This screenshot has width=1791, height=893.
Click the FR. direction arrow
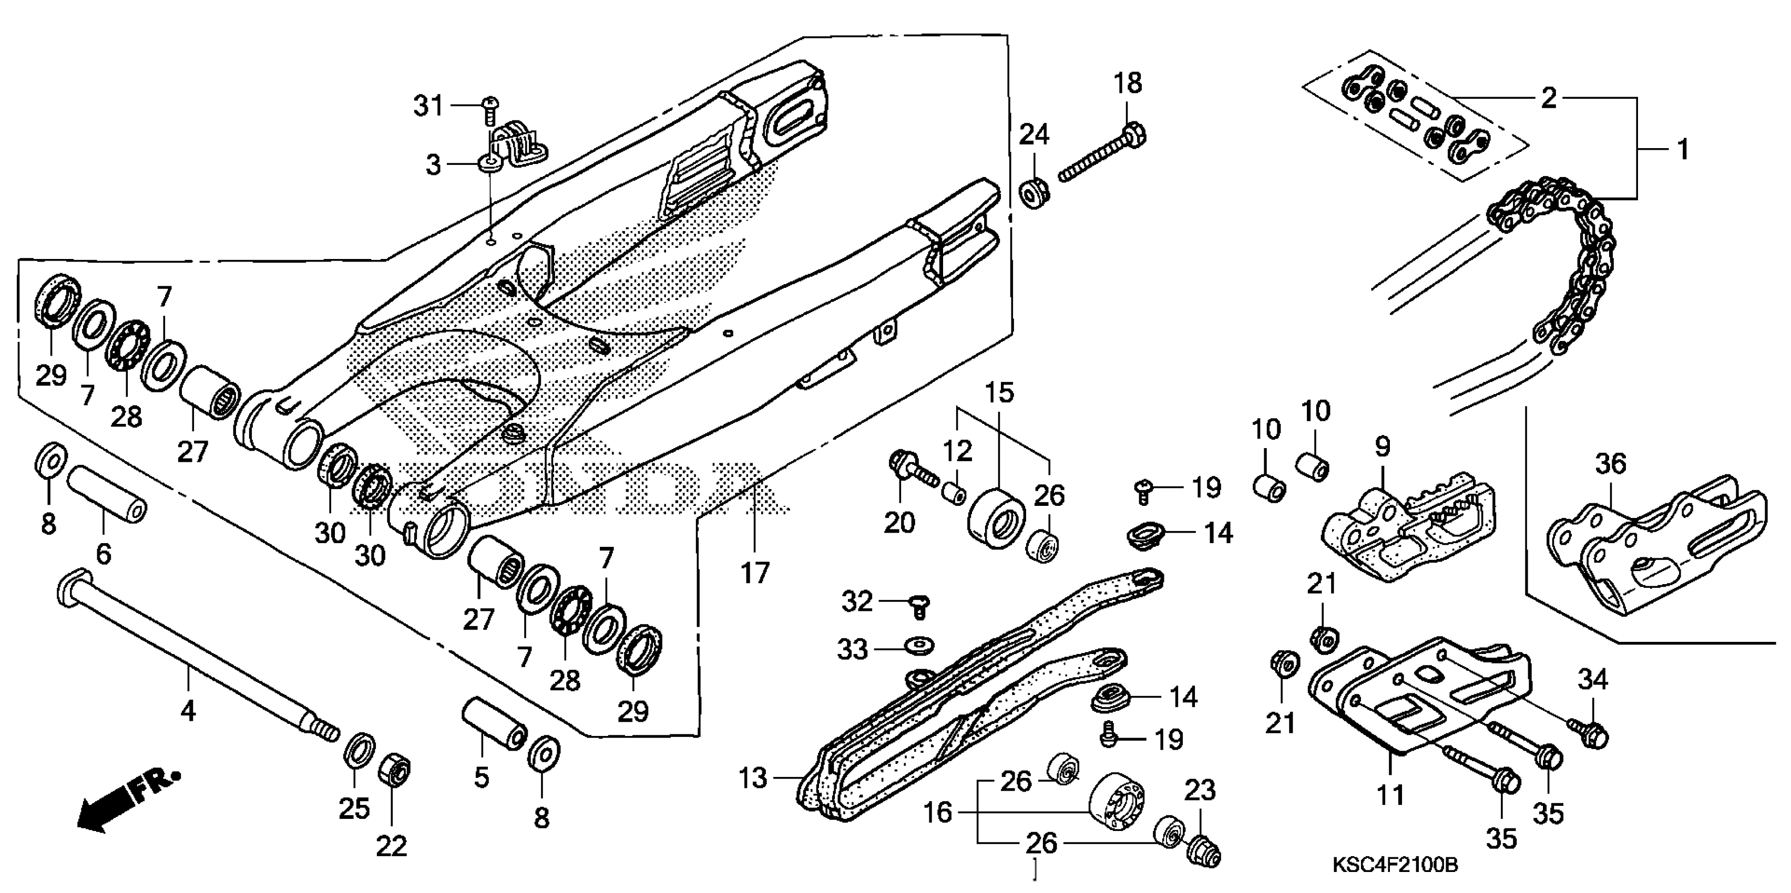point(129,798)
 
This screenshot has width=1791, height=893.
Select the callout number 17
point(755,573)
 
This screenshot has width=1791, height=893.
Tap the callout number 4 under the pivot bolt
point(188,710)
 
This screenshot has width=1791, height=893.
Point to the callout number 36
point(1611,463)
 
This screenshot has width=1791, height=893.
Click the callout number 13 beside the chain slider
point(752,778)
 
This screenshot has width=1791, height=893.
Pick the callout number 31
point(428,106)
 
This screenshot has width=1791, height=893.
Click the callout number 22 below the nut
point(392,846)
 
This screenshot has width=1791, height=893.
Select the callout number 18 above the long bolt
point(1128,84)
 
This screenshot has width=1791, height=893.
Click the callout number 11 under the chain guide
point(1390,794)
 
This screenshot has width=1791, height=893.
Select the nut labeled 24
point(1034,192)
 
